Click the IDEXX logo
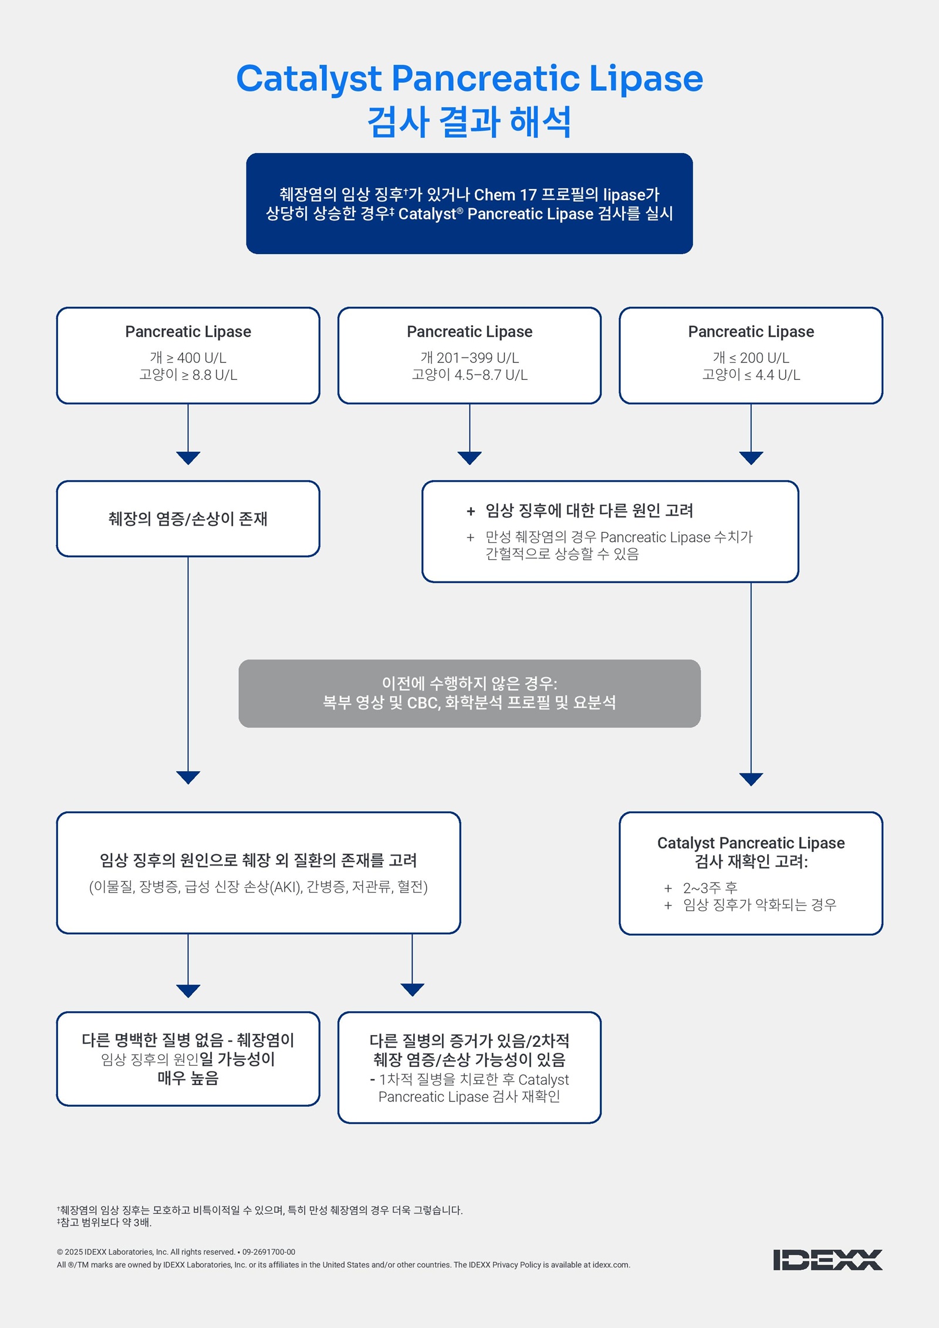pos(827,1259)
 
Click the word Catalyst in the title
pos(309,79)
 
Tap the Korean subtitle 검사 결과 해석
pos(469,122)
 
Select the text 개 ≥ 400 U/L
pos(188,357)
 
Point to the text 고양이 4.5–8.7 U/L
pos(469,375)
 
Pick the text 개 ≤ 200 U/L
pos(751,357)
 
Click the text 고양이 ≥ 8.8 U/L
pos(188,375)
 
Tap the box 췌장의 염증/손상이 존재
pos(188,519)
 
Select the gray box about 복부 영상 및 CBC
pos(469,693)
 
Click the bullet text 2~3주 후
pos(710,888)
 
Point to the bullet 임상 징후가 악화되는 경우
pos(759,905)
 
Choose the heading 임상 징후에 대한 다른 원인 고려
pos(589,511)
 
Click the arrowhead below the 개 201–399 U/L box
pos(469,458)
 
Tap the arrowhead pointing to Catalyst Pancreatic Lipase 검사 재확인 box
pos(751,779)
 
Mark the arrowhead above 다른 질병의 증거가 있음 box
pos(412,989)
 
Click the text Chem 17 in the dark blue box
pos(505,195)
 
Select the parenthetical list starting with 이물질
pos(258,887)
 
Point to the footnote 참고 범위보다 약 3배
pos(106,1222)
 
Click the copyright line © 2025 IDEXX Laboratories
pos(176,1252)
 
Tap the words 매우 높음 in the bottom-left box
pos(188,1078)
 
